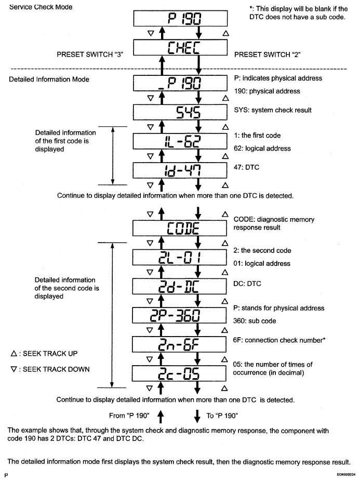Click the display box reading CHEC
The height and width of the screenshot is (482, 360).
[x=181, y=49]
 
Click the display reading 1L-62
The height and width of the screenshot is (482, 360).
[x=181, y=141]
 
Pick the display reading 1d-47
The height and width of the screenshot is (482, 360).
[x=181, y=170]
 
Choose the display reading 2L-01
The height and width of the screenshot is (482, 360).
[x=181, y=257]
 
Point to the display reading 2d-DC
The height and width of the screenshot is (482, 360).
[x=181, y=286]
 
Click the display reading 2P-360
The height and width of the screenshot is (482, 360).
[x=181, y=315]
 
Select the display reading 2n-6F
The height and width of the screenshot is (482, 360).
[x=181, y=344]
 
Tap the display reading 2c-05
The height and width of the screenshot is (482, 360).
[x=181, y=374]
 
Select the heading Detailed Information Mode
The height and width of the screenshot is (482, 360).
[x=49, y=79]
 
